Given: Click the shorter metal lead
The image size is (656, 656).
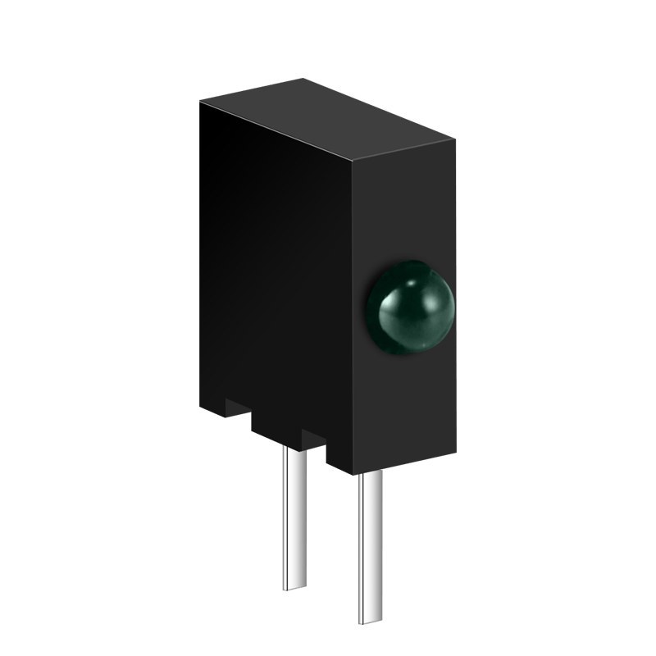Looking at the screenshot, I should (x=294, y=517).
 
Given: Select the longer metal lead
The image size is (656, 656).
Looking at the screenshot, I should (x=370, y=549).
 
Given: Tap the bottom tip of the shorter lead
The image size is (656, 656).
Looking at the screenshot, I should (x=294, y=587).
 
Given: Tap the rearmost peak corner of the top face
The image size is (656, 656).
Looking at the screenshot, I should (x=304, y=79).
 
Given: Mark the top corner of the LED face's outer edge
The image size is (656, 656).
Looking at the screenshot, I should (x=455, y=137).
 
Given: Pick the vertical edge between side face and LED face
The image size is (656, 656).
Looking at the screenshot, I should (x=353, y=328).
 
